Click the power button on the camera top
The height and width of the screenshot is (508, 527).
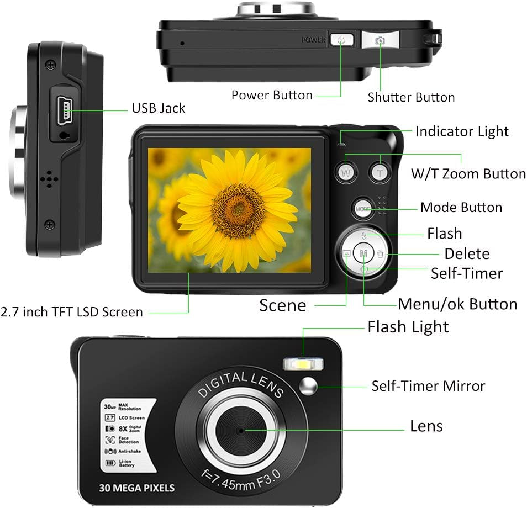341,40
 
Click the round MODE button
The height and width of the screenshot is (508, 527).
362,209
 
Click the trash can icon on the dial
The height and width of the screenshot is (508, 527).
381,253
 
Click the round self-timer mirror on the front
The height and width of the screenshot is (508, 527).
308,387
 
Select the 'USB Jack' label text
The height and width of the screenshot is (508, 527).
158,108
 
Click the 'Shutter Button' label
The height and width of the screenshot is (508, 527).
411,98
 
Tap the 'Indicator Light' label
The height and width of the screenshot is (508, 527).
462,131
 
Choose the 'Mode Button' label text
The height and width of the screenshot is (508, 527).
461,208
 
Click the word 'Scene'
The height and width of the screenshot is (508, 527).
283,305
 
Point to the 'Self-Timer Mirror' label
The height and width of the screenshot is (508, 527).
428,386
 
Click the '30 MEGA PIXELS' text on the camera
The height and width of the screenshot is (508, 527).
137,488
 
